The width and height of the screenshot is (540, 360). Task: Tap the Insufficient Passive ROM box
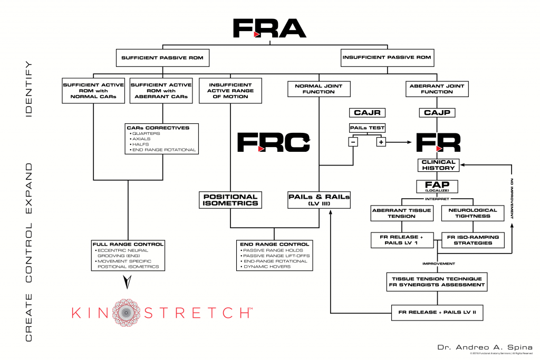[x=387, y=57]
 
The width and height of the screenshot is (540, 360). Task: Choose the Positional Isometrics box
[x=230, y=200]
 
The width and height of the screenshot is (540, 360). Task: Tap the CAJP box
[x=438, y=113]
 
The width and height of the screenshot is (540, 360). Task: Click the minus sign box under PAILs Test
[x=352, y=142]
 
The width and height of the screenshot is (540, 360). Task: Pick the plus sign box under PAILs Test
[x=381, y=142]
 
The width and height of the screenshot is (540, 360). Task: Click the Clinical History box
[x=438, y=165]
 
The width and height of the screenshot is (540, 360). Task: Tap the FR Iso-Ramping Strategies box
[x=472, y=240]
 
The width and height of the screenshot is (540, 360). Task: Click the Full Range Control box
[x=128, y=256]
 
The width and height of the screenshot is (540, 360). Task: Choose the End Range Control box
[x=274, y=256]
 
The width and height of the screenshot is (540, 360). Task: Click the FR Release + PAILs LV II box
[x=437, y=312]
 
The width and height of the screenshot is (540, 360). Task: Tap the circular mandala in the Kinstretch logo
[x=128, y=312]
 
